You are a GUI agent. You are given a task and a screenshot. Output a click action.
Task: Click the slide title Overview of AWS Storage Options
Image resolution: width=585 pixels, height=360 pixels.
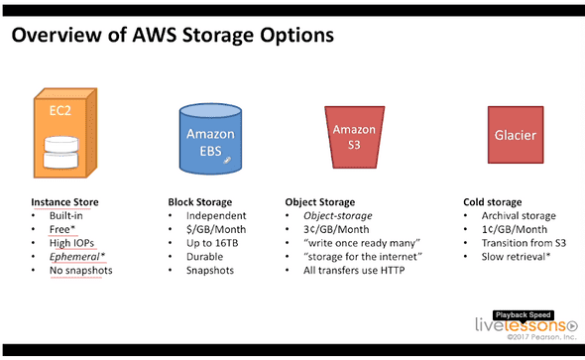(x=173, y=35)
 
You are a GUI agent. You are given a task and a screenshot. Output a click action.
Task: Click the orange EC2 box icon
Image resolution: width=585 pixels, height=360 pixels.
(x=65, y=133)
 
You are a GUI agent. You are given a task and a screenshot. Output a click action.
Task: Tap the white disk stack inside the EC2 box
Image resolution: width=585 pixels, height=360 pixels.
(x=61, y=152)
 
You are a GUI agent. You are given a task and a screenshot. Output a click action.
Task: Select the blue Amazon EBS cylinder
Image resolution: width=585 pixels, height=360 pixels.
(x=210, y=139)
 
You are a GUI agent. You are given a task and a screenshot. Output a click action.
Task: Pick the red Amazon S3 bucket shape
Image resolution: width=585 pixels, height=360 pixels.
(x=354, y=137)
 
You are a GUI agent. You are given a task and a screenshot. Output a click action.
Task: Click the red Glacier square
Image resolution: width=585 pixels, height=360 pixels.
(x=516, y=135)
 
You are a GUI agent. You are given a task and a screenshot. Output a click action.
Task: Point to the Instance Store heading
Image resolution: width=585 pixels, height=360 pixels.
(x=64, y=202)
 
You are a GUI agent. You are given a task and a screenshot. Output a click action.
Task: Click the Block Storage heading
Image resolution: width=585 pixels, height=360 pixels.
(x=200, y=202)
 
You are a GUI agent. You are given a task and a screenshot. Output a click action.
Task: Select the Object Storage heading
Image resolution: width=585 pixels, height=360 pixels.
(x=320, y=202)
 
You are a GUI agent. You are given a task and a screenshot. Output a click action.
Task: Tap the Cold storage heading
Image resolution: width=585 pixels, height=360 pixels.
(x=493, y=202)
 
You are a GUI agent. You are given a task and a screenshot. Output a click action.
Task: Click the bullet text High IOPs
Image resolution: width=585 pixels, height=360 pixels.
(x=71, y=243)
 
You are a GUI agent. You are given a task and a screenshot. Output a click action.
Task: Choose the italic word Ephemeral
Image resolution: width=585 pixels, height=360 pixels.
(x=74, y=257)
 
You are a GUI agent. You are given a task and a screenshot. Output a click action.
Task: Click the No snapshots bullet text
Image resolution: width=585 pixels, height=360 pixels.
(x=81, y=271)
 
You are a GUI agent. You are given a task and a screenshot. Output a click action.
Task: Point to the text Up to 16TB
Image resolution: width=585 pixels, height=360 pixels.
(x=212, y=243)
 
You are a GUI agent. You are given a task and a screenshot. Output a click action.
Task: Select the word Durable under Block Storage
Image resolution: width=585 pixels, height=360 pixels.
(x=205, y=257)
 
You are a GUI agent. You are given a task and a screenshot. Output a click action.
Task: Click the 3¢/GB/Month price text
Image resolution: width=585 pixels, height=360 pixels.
(x=336, y=229)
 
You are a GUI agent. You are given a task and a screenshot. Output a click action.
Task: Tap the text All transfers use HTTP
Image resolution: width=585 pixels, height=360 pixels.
(x=354, y=271)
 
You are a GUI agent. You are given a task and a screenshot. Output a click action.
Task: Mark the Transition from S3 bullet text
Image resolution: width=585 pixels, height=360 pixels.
(x=524, y=243)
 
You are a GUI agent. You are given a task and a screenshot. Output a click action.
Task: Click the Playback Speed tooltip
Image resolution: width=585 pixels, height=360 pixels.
(x=524, y=315)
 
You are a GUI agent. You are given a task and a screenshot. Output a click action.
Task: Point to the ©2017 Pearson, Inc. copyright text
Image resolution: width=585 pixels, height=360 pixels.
(x=541, y=337)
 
